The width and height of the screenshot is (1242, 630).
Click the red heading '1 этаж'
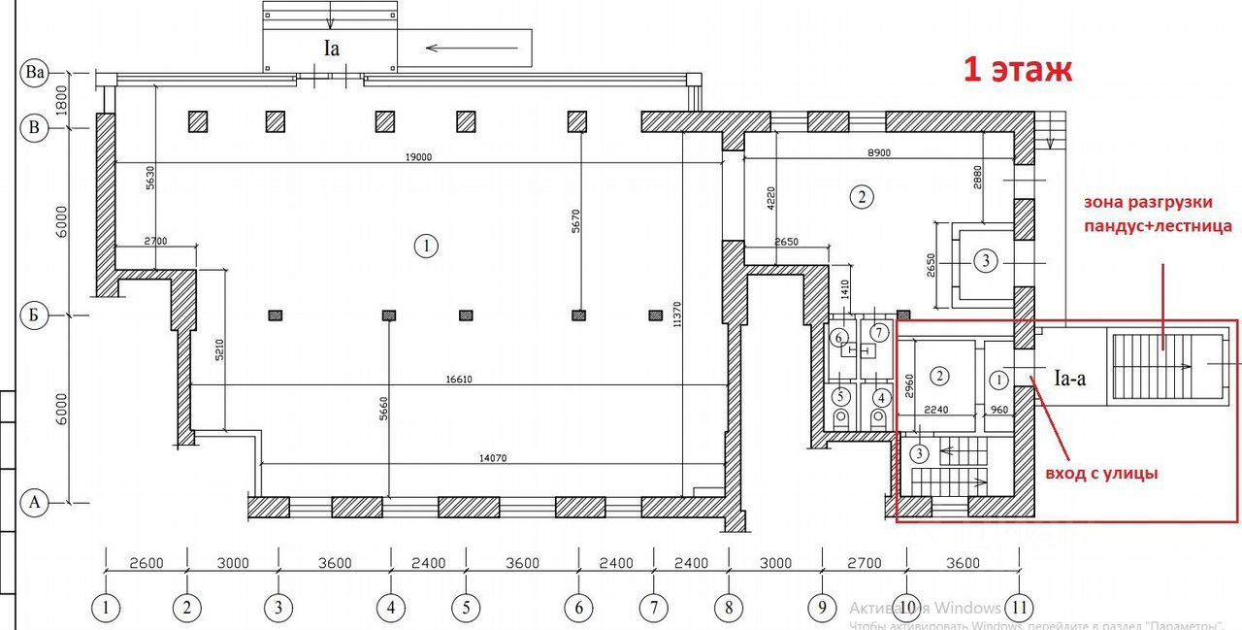tap(1017, 70)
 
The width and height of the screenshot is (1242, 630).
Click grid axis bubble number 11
tap(1019, 609)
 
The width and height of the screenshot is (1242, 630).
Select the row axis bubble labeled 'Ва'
tap(37, 73)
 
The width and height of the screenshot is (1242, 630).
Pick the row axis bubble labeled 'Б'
tap(36, 315)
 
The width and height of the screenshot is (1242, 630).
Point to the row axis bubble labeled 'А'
tap(36, 502)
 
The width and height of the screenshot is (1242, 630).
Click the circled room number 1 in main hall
tap(425, 246)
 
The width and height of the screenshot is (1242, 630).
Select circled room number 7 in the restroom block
tap(879, 333)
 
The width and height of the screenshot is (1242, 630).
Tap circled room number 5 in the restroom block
tap(840, 396)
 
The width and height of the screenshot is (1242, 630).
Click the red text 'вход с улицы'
tap(1101, 474)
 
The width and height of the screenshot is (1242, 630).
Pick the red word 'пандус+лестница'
tap(1160, 226)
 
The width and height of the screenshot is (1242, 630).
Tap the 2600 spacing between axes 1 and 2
tap(146, 563)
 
